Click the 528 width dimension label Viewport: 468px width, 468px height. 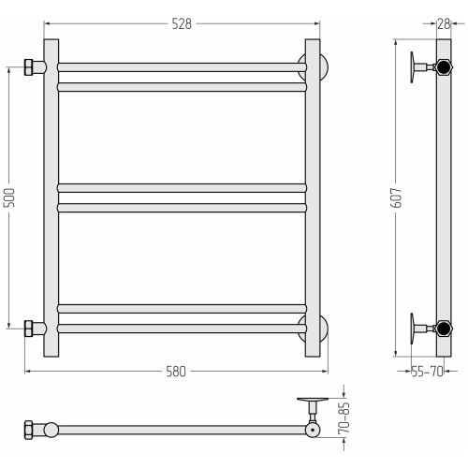pyautogui.click(x=182, y=24)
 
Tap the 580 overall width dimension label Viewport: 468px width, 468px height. pyautogui.click(x=176, y=372)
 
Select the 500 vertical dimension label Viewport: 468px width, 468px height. pyautogui.click(x=9, y=197)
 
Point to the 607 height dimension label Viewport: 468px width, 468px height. pyautogui.click(x=396, y=197)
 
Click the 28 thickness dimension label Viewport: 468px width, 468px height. pyautogui.click(x=444, y=24)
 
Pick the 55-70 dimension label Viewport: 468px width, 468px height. pyautogui.click(x=427, y=372)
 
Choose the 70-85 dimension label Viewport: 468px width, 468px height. pyautogui.click(x=344, y=417)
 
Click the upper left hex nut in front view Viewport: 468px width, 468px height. pyautogui.click(x=28, y=67)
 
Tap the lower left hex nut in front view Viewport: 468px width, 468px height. pyautogui.click(x=28, y=329)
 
